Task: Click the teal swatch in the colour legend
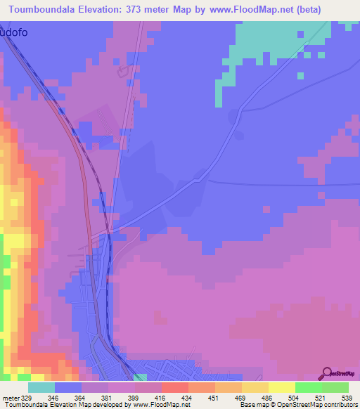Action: coord(41,387)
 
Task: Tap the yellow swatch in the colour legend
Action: coord(281,387)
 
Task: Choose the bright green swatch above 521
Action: coord(308,387)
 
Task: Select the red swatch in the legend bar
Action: coord(175,387)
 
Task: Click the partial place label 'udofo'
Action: coord(15,31)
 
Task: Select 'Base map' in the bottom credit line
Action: coord(255,405)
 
